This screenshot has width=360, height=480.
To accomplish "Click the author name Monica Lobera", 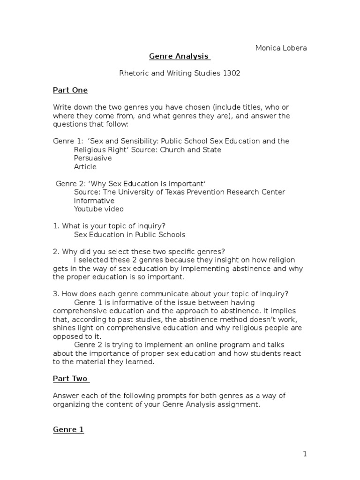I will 281,48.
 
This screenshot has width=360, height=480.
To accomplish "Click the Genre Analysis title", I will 179,56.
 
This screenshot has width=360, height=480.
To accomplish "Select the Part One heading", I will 70,90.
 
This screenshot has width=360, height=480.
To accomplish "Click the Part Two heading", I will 70,378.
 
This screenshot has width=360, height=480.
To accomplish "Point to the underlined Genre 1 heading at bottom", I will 68,429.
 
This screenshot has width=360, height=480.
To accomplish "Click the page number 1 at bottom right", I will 305,453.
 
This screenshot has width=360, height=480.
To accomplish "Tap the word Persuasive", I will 93,158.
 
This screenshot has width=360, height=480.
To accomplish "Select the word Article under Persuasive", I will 85,166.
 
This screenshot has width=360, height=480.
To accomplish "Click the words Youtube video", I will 99,209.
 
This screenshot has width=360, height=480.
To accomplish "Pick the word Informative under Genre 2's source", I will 94,201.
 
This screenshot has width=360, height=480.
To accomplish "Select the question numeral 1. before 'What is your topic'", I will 55,226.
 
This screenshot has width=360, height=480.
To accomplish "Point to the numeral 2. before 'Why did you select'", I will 55,251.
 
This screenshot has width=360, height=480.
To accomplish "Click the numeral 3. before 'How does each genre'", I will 55,294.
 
